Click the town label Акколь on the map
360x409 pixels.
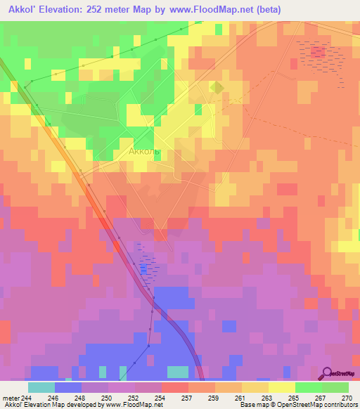146,151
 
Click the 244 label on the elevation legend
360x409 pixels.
27,398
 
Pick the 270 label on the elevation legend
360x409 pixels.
346,398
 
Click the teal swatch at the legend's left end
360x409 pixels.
41,388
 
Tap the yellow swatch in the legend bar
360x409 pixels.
281,388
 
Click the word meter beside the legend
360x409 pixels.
11,398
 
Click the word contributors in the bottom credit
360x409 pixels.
342,405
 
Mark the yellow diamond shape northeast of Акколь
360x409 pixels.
217,87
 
